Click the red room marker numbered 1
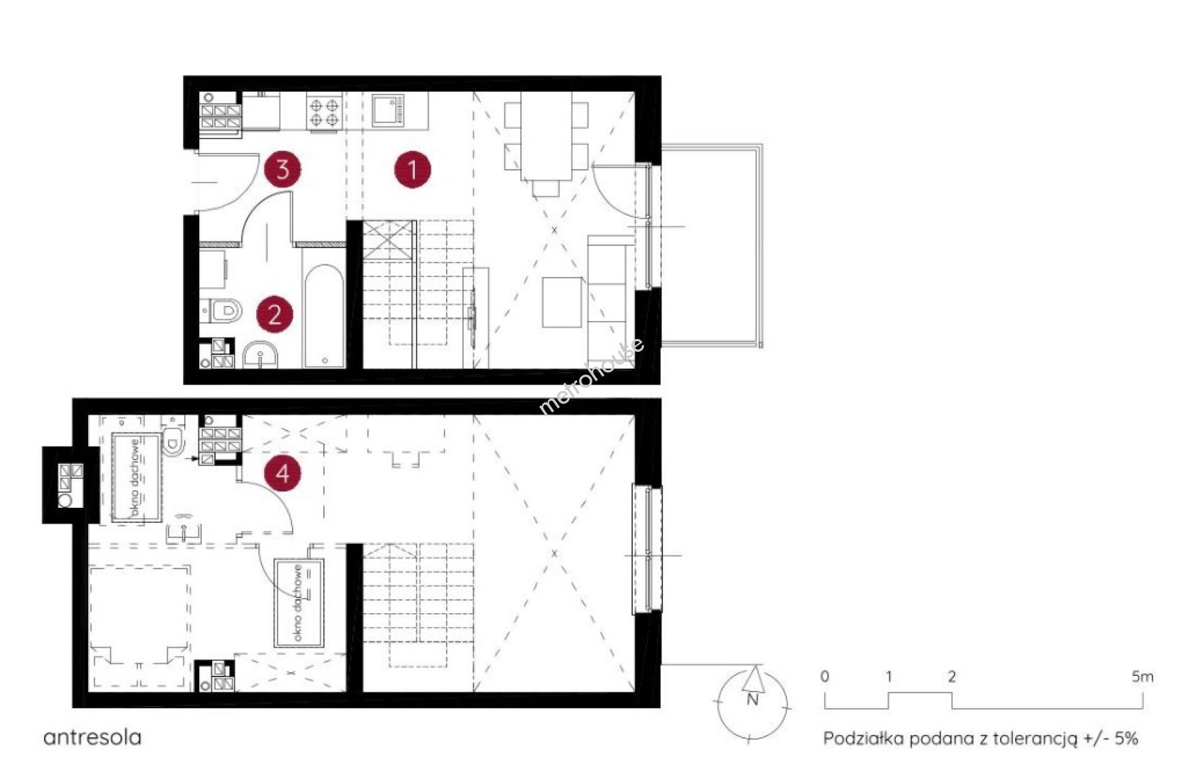coord(413,170)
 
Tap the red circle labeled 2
coord(274,314)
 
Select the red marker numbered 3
coord(282,170)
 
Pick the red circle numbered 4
coord(282,473)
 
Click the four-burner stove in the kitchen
coord(324,110)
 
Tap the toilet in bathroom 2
coord(221,310)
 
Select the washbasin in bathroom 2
coord(260,355)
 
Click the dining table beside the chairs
coord(546,136)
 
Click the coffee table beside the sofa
coord(561,302)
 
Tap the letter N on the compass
coord(753,700)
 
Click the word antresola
coord(92,738)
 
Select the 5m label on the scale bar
coord(1142,677)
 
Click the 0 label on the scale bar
coord(825,677)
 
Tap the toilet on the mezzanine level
coord(173,439)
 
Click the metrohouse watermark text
coord(592,376)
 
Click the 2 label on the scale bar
coord(952,677)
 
